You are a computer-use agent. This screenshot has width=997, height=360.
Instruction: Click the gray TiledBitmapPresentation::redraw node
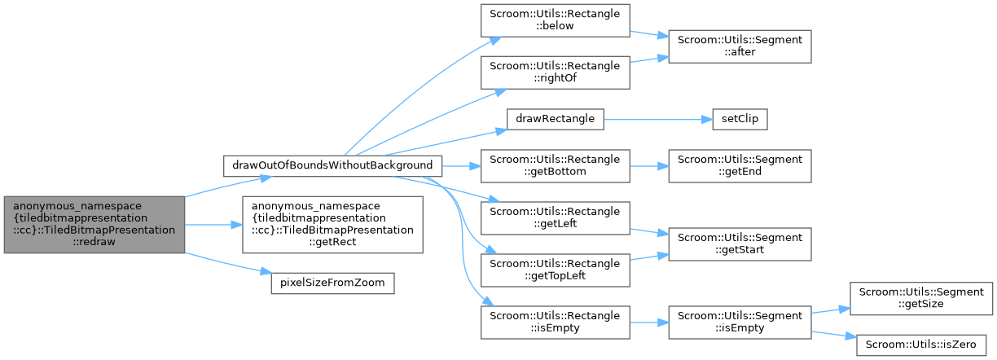pyautogui.click(x=94, y=224)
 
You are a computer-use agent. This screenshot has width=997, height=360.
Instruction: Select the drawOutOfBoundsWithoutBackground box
pyautogui.click(x=333, y=165)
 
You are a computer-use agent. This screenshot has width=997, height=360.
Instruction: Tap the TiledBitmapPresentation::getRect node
pyautogui.click(x=333, y=224)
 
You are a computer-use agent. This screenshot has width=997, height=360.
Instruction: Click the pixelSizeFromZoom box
pyautogui.click(x=333, y=283)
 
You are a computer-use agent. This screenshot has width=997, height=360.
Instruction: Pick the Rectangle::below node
pyautogui.click(x=554, y=20)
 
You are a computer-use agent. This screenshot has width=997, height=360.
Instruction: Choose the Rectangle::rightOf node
pyautogui.click(x=554, y=72)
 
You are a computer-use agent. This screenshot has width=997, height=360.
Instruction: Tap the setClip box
pyautogui.click(x=739, y=119)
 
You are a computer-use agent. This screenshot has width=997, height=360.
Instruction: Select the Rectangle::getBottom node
pyautogui.click(x=554, y=165)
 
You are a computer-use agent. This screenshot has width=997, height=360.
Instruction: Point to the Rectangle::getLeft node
pyautogui.click(x=554, y=217)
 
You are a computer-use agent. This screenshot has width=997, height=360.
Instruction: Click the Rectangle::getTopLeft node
pyautogui.click(x=554, y=270)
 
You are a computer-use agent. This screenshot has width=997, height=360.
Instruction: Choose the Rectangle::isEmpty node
pyautogui.click(x=554, y=323)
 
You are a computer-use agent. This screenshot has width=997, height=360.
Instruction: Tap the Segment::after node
pyautogui.click(x=739, y=46)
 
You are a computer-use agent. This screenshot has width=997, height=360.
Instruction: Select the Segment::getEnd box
pyautogui.click(x=739, y=165)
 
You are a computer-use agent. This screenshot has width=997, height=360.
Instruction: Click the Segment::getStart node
pyautogui.click(x=739, y=244)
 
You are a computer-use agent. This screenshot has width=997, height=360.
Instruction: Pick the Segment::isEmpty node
pyautogui.click(x=739, y=323)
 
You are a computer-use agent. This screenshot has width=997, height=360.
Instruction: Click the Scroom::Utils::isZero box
pyautogui.click(x=920, y=342)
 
